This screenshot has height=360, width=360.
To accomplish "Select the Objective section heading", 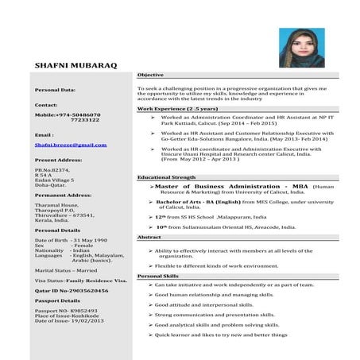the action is (151, 74).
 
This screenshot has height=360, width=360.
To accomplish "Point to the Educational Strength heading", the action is (166, 176).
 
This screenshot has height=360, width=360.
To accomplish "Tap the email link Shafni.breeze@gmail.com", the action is (71, 145).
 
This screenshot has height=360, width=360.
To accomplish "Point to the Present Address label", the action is (60, 160).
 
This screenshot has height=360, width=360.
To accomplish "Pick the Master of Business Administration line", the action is (230, 184).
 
